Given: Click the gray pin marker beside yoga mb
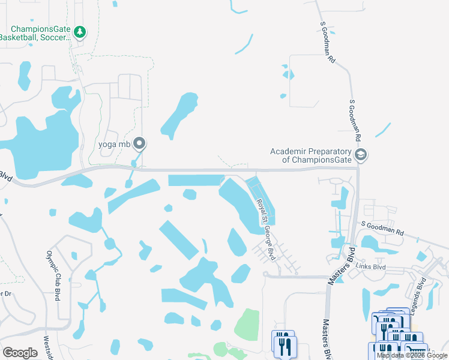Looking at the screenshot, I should point(139,143).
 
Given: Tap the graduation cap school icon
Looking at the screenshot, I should point(361,155).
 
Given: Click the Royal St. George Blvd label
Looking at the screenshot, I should point(265,229).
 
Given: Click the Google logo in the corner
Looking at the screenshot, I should point(20,352).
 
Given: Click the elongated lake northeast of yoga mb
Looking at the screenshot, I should point(179,114).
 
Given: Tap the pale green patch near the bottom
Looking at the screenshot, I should point(247,325).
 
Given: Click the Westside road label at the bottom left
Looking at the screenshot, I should point(47,347).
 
